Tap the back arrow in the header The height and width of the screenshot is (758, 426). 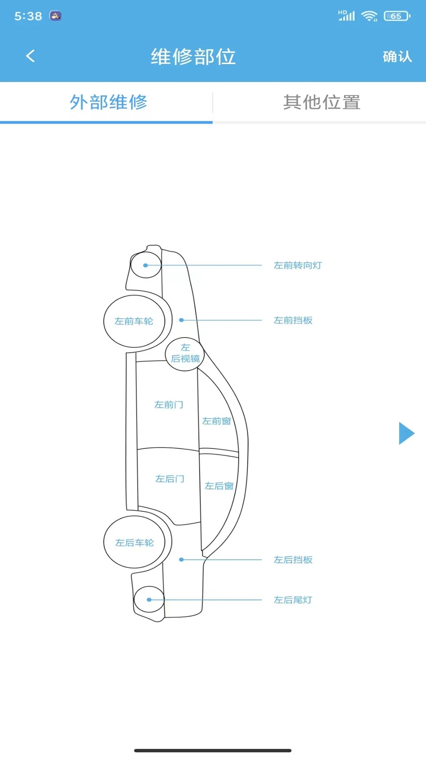pyautogui.click(x=30, y=56)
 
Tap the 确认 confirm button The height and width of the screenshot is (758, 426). pyautogui.click(x=397, y=56)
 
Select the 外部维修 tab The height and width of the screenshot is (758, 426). pyautogui.click(x=108, y=103)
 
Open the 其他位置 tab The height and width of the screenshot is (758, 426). pyautogui.click(x=321, y=103)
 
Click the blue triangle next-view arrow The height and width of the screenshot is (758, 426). pyautogui.click(x=406, y=433)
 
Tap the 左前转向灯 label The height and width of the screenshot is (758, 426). pyautogui.click(x=298, y=265)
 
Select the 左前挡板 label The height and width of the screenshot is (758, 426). pyautogui.click(x=293, y=320)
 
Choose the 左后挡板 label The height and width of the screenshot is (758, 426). pyautogui.click(x=293, y=560)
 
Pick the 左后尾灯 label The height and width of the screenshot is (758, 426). pyautogui.click(x=293, y=600)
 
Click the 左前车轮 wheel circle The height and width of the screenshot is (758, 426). pyautogui.click(x=134, y=321)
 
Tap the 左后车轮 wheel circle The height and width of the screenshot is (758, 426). pyautogui.click(x=134, y=542)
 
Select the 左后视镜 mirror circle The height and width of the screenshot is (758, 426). pyautogui.click(x=185, y=354)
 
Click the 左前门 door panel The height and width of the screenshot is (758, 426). pyautogui.click(x=168, y=405)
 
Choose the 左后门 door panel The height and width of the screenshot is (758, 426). pyautogui.click(x=170, y=479)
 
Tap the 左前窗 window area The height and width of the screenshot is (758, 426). pyautogui.click(x=217, y=421)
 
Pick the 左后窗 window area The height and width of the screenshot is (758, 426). pyautogui.click(x=219, y=486)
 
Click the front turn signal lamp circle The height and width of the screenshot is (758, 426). pyautogui.click(x=146, y=265)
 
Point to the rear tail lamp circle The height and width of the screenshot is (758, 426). pyautogui.click(x=149, y=599)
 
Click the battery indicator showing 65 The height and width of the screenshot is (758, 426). pyautogui.click(x=396, y=16)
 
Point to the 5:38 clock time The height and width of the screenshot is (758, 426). pyautogui.click(x=28, y=16)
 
